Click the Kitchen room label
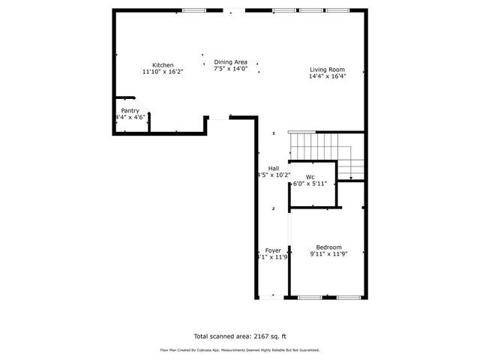click(x=163, y=65)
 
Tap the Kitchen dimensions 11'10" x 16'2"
click(x=163, y=72)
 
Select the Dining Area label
click(x=230, y=62)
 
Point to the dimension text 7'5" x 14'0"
click(x=230, y=69)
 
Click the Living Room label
click(x=328, y=70)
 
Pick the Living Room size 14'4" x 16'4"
click(x=328, y=76)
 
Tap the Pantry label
click(x=130, y=110)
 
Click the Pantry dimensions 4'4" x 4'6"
click(x=130, y=117)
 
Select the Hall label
click(x=274, y=168)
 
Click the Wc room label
click(x=310, y=177)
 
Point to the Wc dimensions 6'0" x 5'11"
click(x=310, y=184)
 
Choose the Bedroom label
click(x=328, y=247)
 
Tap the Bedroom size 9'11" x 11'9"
click(x=328, y=254)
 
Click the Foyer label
click(x=273, y=250)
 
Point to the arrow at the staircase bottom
click(x=350, y=177)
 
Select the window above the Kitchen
click(x=194, y=10)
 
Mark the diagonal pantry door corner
click(x=132, y=97)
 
